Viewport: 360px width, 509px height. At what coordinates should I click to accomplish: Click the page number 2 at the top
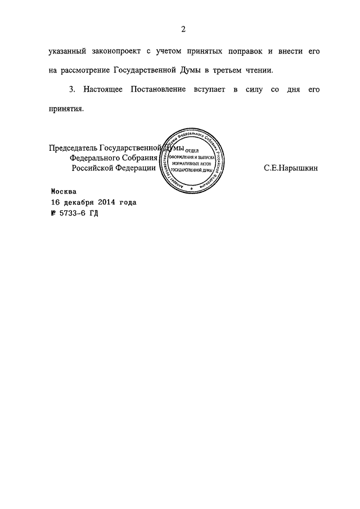tap(183, 29)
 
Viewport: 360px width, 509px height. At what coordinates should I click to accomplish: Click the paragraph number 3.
tap(71, 89)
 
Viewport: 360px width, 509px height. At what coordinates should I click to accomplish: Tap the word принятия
tap(66, 110)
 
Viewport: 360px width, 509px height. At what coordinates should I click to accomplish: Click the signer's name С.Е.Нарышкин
tap(286, 168)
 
